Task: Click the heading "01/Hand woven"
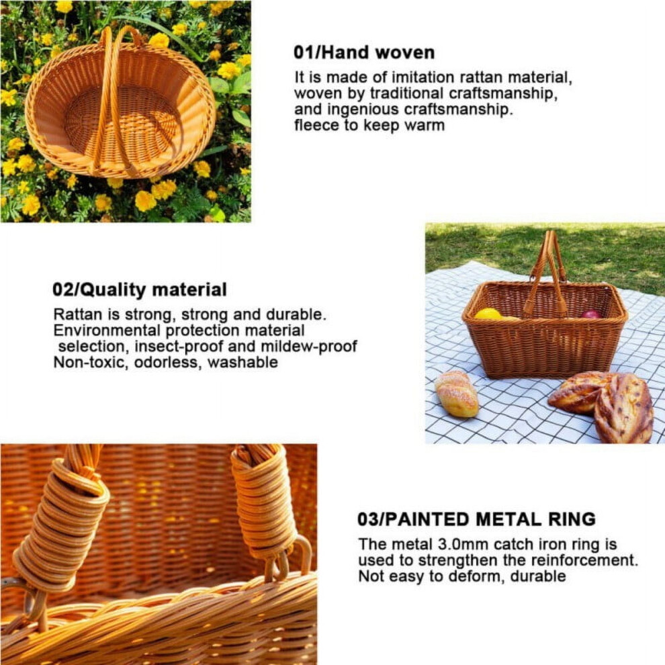(364, 52)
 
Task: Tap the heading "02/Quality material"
(140, 290)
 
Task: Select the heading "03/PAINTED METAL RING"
(477, 519)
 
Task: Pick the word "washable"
(242, 362)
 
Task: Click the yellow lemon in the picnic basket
(488, 314)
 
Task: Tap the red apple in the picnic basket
(591, 314)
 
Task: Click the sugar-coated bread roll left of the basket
(456, 394)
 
